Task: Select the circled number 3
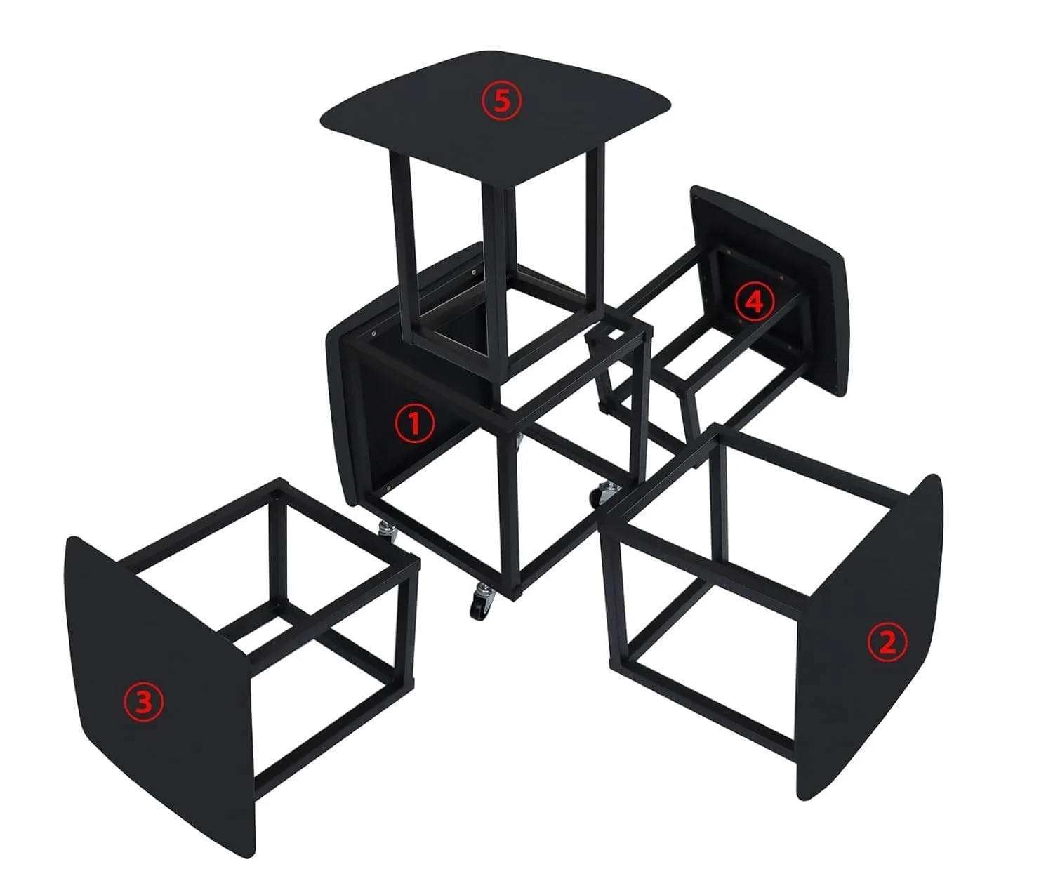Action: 144,703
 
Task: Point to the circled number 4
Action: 755,302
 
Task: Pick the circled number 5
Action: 502,101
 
